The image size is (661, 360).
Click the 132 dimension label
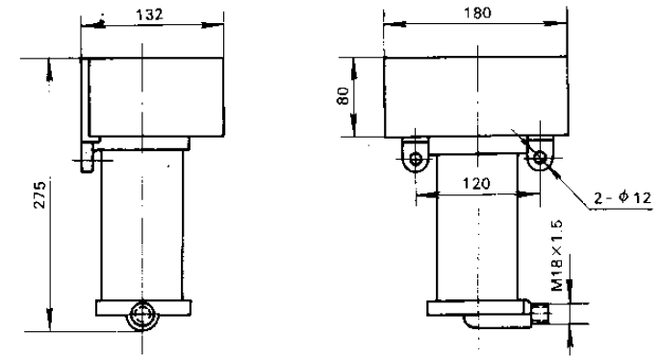[x=149, y=14]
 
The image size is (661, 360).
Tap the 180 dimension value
[x=477, y=13]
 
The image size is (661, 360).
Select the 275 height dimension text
[x=39, y=194]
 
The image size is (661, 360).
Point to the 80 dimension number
[x=343, y=95]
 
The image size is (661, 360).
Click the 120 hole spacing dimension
[x=476, y=184]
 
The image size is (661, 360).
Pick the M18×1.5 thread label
[x=557, y=255]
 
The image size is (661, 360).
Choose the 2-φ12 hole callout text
[x=623, y=197]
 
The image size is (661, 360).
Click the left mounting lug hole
[x=416, y=159]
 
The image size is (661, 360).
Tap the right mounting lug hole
[x=540, y=159]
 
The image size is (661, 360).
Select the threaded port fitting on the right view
[x=540, y=314]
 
